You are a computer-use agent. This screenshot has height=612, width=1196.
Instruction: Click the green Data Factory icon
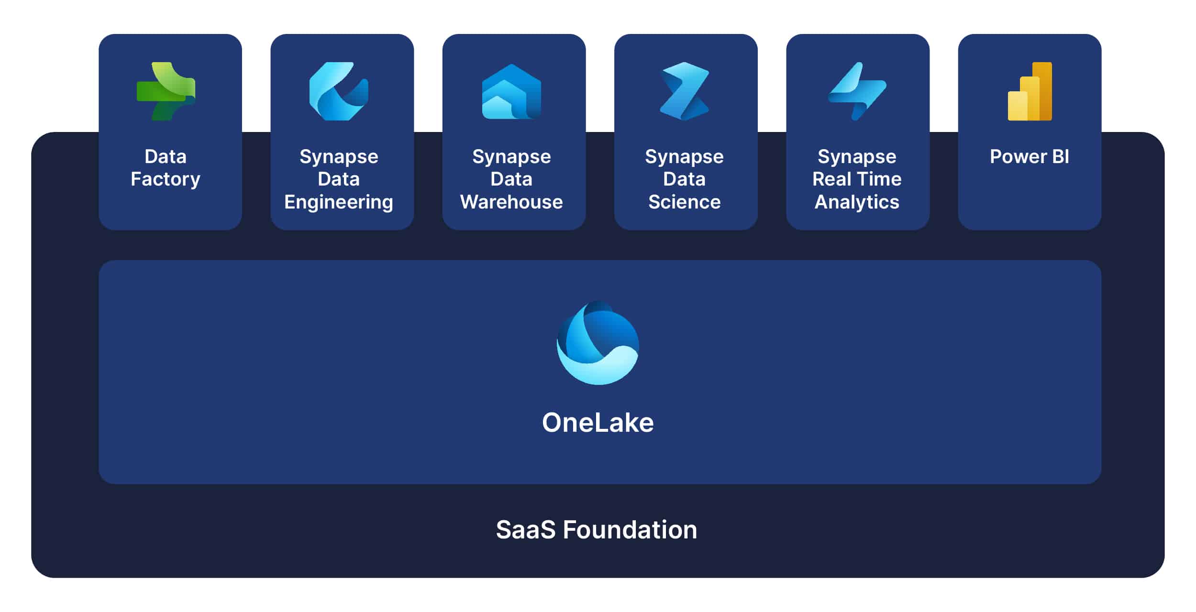(x=166, y=91)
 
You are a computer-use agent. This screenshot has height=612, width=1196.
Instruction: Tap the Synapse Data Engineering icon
(x=339, y=91)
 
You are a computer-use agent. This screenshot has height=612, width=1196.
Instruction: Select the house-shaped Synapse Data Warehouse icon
(x=511, y=91)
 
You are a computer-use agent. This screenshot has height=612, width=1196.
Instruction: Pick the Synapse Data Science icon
(x=684, y=91)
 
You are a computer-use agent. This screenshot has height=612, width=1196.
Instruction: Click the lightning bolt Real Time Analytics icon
(x=857, y=91)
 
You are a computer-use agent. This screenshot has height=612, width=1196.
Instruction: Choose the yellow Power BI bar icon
(x=1030, y=91)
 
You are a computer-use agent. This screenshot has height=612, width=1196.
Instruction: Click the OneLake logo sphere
(x=598, y=342)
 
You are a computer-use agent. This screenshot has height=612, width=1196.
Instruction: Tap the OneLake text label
(x=598, y=423)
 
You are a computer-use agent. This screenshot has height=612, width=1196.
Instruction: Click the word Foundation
(x=630, y=530)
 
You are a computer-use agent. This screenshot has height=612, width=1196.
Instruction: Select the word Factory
(x=166, y=179)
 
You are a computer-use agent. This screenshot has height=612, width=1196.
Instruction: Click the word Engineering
(x=339, y=202)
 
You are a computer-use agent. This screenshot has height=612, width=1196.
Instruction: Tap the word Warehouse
(x=511, y=202)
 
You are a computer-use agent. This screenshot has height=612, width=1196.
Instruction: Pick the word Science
(x=684, y=202)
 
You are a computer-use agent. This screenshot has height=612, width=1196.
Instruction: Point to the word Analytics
(x=857, y=202)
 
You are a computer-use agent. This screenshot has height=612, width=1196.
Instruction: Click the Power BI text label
(x=1030, y=156)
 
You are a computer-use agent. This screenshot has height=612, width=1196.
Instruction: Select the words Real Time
(x=857, y=179)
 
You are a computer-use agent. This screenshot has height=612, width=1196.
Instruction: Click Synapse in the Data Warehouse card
(x=511, y=157)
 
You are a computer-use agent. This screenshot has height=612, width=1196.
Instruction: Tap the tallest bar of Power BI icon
(x=1042, y=91)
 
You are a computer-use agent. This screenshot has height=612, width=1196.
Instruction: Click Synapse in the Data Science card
(x=684, y=157)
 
